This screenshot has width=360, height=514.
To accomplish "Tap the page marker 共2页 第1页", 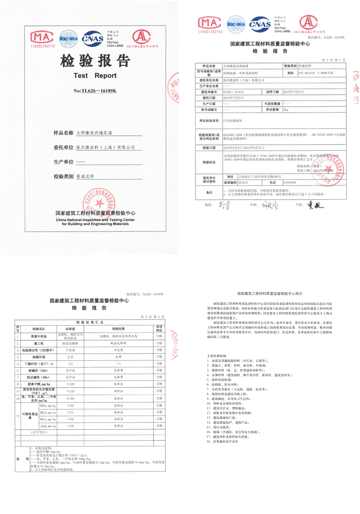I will (x=334, y=60).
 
